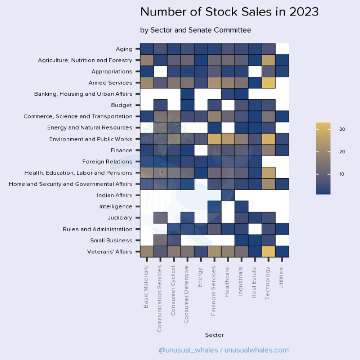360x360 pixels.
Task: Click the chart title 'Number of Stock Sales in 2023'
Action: click(229, 11)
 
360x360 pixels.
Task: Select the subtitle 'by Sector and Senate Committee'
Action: click(195, 30)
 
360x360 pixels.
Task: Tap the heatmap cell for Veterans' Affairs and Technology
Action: click(268, 251)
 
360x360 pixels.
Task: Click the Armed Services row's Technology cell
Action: click(268, 83)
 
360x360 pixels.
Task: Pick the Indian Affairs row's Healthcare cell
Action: click(228, 195)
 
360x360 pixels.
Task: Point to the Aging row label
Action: click(124, 49)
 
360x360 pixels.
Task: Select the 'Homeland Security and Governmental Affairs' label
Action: click(70, 184)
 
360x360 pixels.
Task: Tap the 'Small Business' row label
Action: click(111, 240)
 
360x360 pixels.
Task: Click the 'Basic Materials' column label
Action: click(146, 286)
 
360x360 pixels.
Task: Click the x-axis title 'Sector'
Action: click(214, 335)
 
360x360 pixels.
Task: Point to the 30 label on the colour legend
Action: click(342, 129)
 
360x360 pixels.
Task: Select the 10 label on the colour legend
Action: click(342, 174)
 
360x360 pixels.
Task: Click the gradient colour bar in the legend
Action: click(323, 158)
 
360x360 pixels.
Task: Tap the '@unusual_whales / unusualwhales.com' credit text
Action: click(223, 350)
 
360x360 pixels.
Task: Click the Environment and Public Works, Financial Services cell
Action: click(214, 139)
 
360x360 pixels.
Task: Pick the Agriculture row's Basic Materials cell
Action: click(147, 60)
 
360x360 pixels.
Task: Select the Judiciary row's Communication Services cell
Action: click(160, 217)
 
